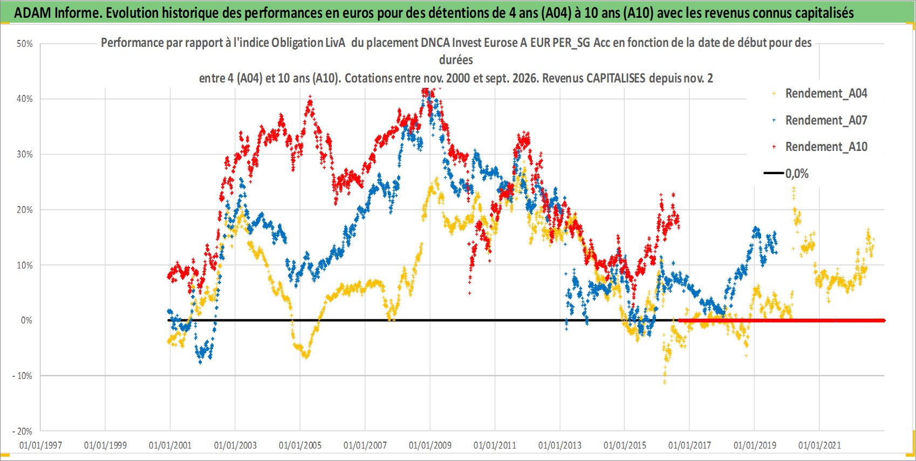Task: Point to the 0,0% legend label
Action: (797, 174)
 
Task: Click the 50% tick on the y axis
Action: (24, 44)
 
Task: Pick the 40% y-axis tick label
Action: (24, 99)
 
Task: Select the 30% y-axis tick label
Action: (24, 155)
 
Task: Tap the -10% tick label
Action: (22, 376)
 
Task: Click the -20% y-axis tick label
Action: (22, 431)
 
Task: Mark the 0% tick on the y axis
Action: (26, 320)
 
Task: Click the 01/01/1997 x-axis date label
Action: (40, 445)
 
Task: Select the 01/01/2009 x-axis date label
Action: (430, 445)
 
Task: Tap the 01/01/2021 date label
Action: (819, 445)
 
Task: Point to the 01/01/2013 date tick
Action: (560, 445)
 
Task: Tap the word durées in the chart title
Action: (456, 60)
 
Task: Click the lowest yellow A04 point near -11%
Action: (665, 382)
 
